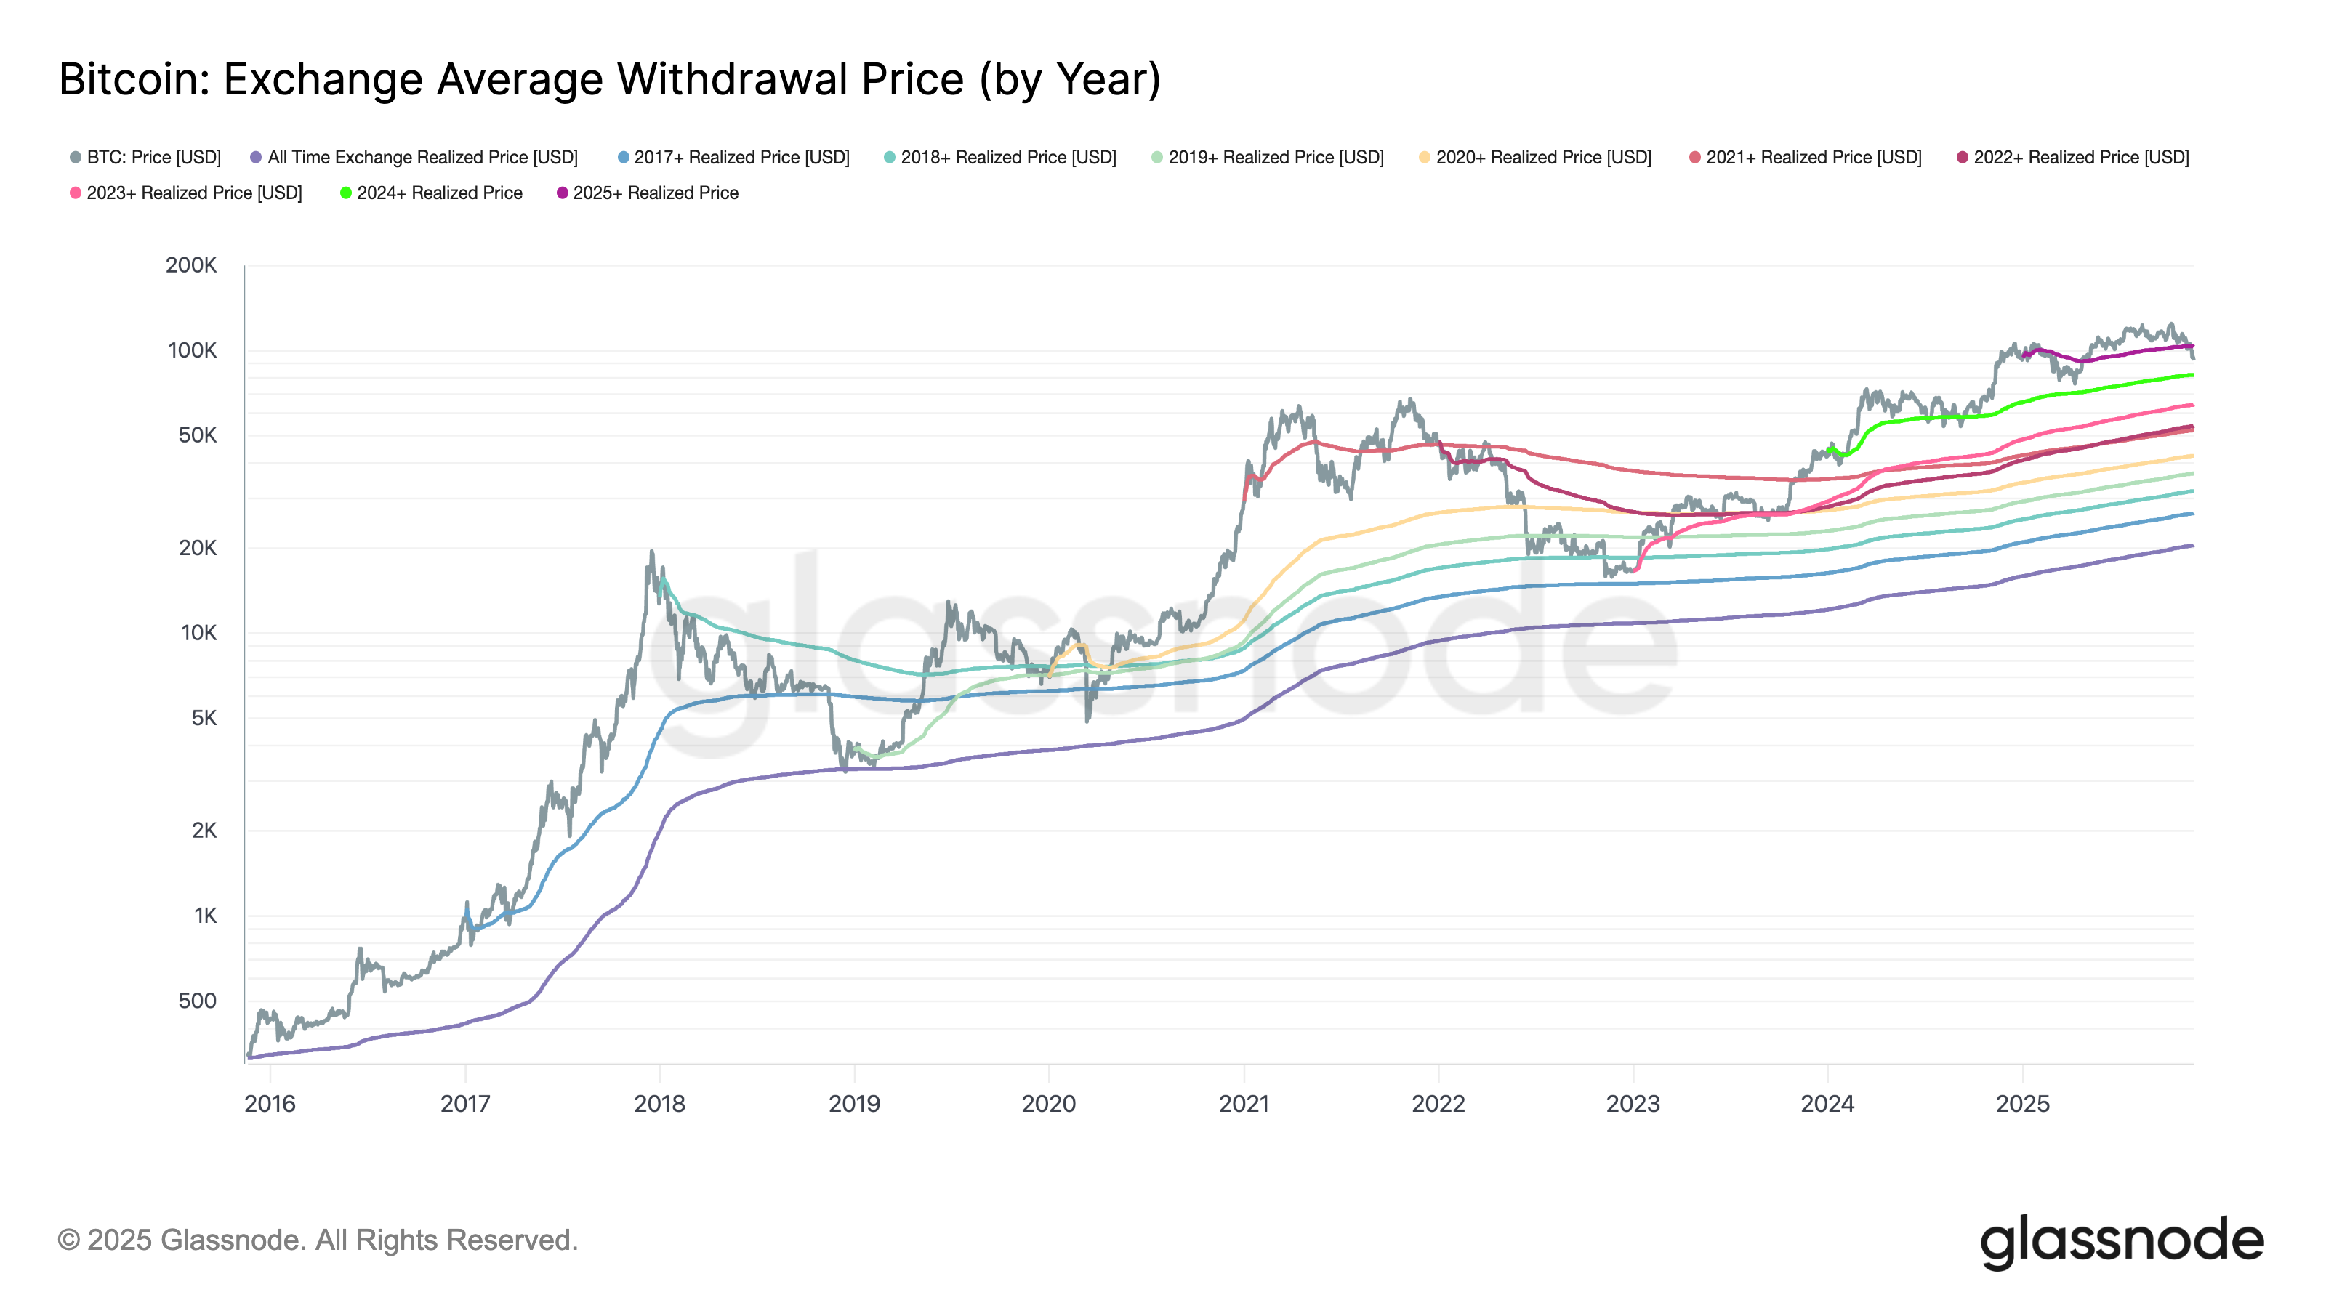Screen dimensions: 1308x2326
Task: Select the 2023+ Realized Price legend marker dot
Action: tap(76, 193)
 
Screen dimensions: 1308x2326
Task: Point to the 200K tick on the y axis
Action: tap(191, 265)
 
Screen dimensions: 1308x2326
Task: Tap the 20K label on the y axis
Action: tap(197, 548)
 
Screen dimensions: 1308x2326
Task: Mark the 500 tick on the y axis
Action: tap(197, 1001)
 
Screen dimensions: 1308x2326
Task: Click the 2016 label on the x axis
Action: tap(270, 1104)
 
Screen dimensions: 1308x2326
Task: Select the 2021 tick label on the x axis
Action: tap(1244, 1104)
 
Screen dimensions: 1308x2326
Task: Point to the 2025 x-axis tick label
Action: tap(2023, 1104)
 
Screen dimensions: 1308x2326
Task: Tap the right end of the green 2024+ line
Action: tap(2192, 375)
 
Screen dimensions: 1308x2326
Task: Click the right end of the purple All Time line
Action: tap(2192, 545)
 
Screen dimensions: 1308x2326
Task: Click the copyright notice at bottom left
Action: tap(318, 1240)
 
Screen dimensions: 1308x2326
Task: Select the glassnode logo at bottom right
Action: tap(2122, 1242)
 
